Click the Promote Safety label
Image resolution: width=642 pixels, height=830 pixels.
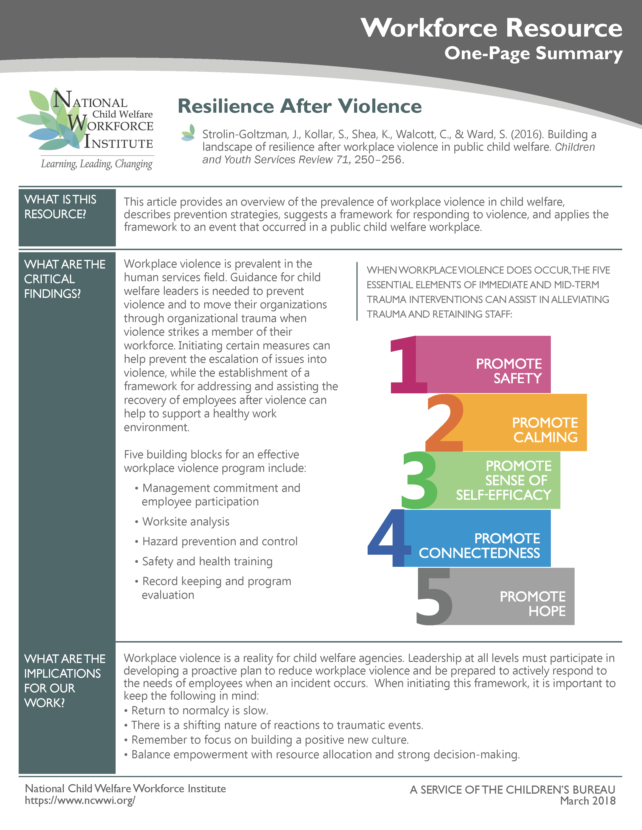509,371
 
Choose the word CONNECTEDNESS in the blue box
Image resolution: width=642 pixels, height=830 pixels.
479,553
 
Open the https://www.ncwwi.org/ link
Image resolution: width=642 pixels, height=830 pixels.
80,800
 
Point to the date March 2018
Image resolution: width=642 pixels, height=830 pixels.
588,801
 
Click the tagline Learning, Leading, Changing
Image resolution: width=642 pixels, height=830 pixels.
97,164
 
